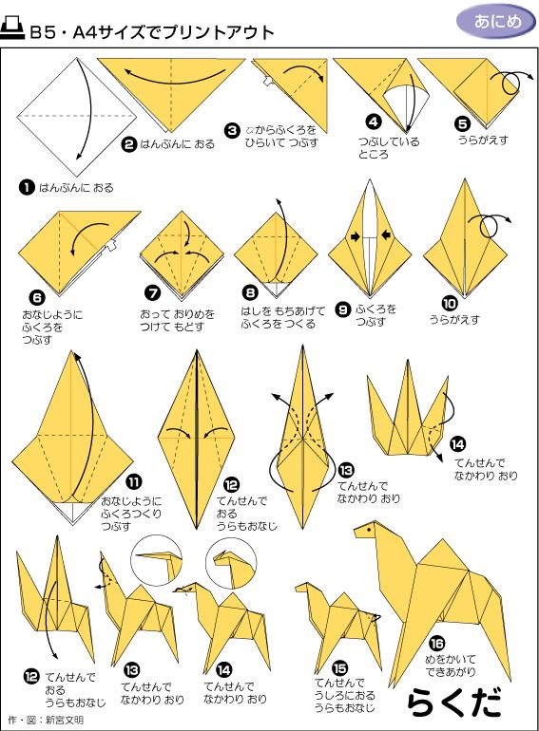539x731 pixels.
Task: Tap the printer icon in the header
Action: click(15, 31)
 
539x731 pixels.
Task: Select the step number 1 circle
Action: click(27, 187)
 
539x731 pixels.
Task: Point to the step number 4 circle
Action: click(374, 122)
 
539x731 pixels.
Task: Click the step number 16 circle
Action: click(436, 641)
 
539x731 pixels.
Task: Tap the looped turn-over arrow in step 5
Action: click(519, 80)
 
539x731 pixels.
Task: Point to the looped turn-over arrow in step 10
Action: click(493, 225)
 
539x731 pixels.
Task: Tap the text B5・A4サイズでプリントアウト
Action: click(151, 32)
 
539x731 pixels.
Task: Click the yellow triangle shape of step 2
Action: click(171, 90)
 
